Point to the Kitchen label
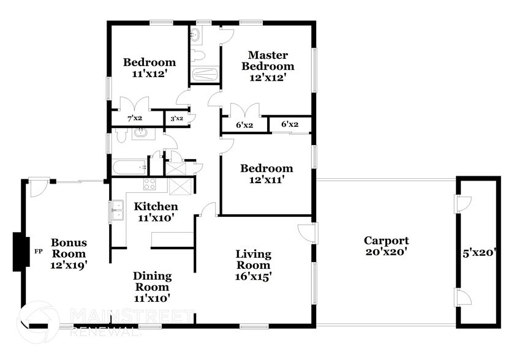[156, 206]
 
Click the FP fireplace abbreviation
[38, 251]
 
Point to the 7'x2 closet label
[134, 118]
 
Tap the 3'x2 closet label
[176, 118]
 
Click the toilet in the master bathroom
[197, 56]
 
